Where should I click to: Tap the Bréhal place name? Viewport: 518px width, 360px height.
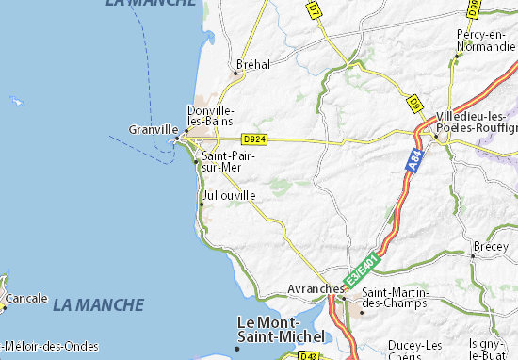pyautogui.click(x=254, y=64)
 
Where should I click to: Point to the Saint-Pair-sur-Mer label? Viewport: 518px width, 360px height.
pyautogui.click(x=222, y=161)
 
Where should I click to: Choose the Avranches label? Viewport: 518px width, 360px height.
pyautogui.click(x=316, y=289)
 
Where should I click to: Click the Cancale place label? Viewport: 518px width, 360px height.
pyautogui.click(x=27, y=298)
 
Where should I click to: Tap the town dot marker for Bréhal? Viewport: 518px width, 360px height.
pyautogui.click(x=236, y=72)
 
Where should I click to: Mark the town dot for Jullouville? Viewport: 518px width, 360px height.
pyautogui.click(x=201, y=204)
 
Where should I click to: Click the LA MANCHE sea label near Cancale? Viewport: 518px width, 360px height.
pyautogui.click(x=99, y=305)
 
